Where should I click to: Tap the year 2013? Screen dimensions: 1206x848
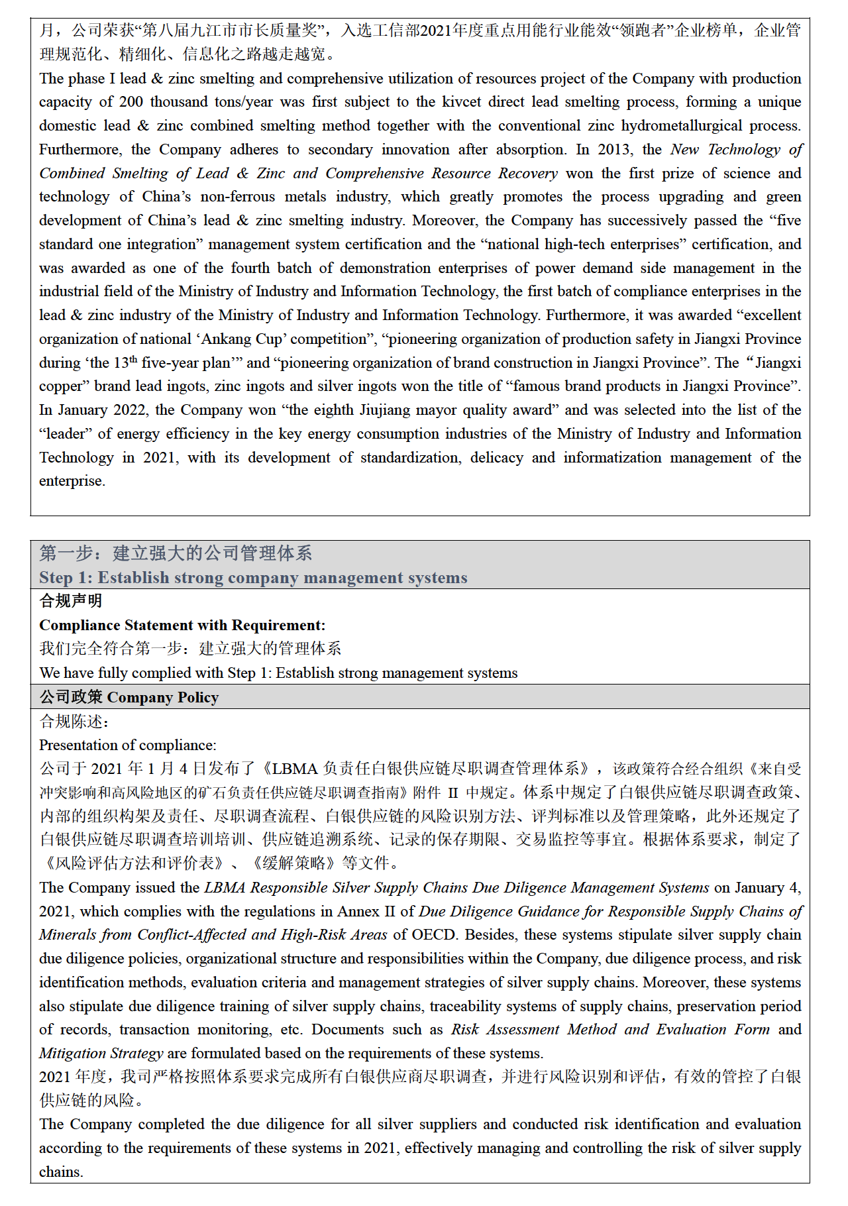614,150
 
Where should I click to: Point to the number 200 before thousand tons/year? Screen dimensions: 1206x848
131,102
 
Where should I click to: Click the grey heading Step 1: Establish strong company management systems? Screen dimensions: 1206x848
253,578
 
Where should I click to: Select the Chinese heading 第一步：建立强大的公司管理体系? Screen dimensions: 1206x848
176,553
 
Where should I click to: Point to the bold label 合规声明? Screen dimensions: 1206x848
71,601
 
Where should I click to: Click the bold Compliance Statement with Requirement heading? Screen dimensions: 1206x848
182,626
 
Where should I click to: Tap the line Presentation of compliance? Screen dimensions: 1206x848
128,745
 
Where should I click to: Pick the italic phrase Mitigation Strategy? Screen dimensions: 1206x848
101,1054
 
